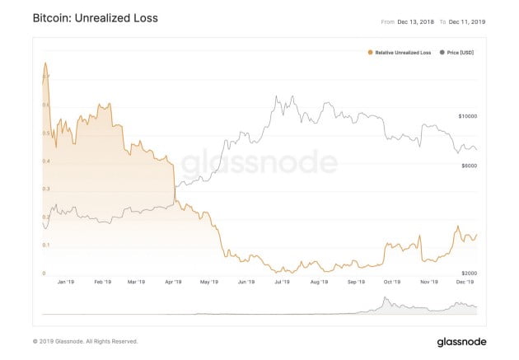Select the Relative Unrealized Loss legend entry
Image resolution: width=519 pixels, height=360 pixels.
point(400,53)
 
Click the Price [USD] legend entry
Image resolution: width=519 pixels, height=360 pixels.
point(458,53)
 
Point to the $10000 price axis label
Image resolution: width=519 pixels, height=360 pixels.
point(467,117)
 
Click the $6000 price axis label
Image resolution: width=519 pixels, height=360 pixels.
point(469,166)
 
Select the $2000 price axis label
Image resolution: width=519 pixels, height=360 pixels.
point(469,272)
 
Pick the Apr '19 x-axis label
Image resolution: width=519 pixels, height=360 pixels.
point(173,282)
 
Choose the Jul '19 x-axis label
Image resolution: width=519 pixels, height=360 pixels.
point(281,282)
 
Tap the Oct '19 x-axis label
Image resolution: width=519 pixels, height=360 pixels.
point(390,282)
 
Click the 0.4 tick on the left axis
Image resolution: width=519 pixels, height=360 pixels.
point(46,161)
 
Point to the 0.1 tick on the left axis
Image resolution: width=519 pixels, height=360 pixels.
point(46,245)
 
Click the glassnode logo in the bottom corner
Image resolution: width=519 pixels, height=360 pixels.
point(461,341)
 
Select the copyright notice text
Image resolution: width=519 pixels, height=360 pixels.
point(85,341)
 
